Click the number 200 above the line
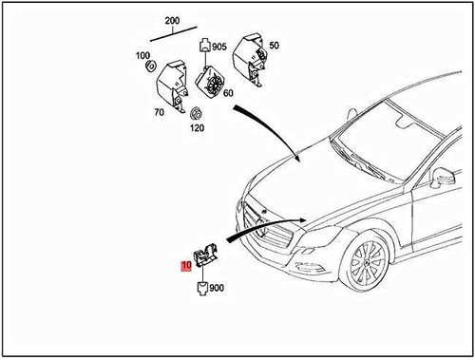click(x=171, y=20)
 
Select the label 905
click(x=219, y=47)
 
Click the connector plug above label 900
click(x=203, y=288)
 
